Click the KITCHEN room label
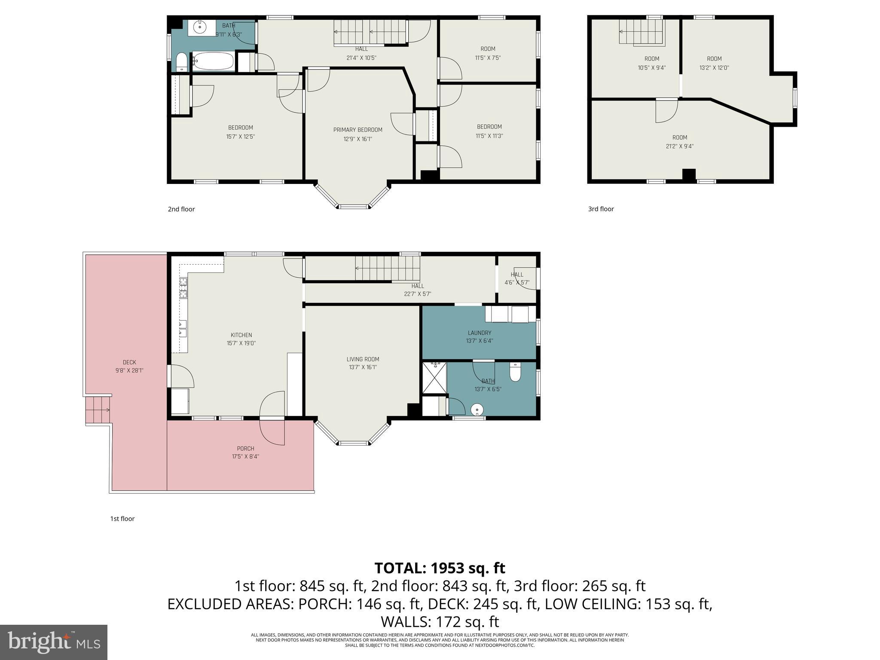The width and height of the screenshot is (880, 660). (x=241, y=335)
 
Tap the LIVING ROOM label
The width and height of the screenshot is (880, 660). (x=363, y=359)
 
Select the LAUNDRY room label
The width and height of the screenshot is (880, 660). (x=479, y=333)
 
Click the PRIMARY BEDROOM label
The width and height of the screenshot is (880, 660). (x=357, y=130)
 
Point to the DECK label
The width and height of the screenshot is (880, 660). (x=129, y=362)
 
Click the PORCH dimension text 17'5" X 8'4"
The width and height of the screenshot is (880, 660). (x=245, y=457)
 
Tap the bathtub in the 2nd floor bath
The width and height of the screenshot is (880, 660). (x=213, y=61)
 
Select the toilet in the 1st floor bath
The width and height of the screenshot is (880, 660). (x=515, y=372)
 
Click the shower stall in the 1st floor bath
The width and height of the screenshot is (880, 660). (x=434, y=378)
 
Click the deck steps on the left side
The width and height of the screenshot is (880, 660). (x=98, y=410)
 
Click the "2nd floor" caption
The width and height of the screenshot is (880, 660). (x=181, y=209)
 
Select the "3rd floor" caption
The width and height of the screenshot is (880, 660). (x=601, y=209)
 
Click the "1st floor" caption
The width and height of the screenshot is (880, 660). (x=122, y=519)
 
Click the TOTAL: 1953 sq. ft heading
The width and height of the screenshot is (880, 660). (x=440, y=568)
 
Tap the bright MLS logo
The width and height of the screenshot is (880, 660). (x=54, y=642)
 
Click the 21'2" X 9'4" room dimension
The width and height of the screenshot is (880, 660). (x=679, y=147)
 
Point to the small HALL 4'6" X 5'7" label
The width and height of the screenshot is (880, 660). (x=516, y=278)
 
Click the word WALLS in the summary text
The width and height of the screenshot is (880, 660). (x=406, y=622)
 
